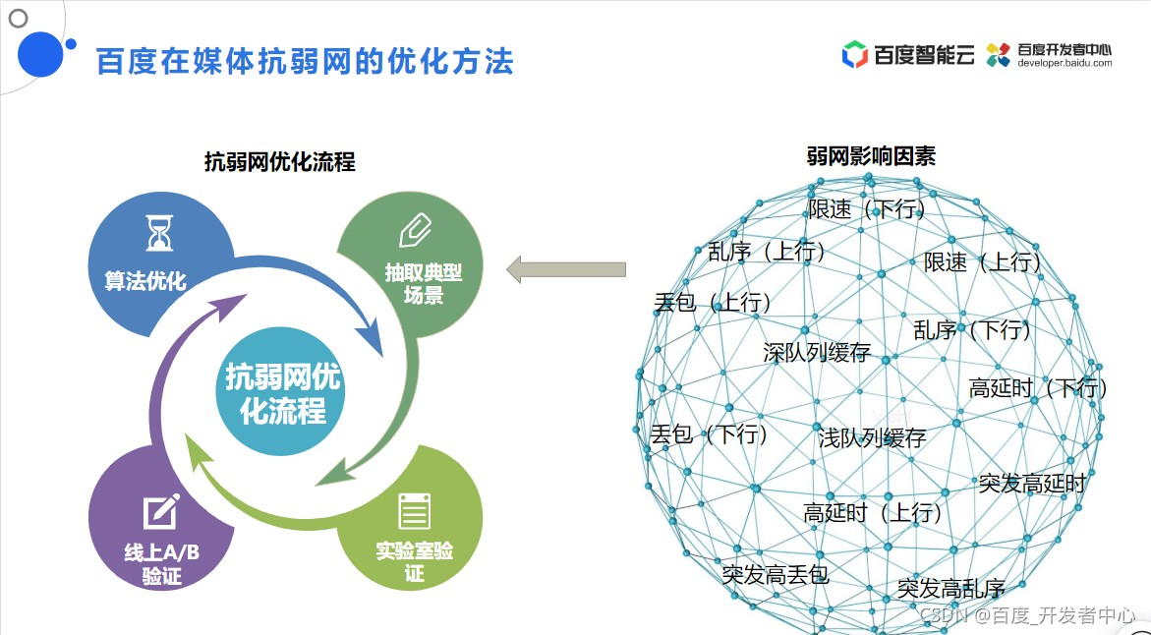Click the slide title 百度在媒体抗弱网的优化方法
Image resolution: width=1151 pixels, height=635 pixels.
click(305, 61)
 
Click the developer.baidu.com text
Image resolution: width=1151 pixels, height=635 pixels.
click(1065, 62)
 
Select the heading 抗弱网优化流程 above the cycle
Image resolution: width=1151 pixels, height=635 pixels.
click(280, 162)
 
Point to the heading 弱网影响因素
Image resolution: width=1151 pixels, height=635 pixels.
click(872, 155)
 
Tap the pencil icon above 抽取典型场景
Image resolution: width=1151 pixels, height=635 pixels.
click(415, 231)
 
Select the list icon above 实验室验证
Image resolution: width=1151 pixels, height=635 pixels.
click(414, 511)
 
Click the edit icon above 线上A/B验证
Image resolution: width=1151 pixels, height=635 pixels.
click(160, 512)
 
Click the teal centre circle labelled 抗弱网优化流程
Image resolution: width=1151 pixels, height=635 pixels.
click(283, 392)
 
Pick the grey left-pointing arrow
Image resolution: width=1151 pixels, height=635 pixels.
click(566, 269)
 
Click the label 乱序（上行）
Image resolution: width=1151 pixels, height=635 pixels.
click(768, 252)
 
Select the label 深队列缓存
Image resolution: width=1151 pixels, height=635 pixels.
click(817, 352)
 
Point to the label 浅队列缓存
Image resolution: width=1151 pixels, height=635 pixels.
click(872, 437)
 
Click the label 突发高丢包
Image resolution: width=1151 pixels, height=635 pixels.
click(776, 574)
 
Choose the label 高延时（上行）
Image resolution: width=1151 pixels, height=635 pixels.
click(873, 512)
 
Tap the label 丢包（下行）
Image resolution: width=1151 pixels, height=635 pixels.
click(709, 433)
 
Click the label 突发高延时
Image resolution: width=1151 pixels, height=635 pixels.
click(1032, 483)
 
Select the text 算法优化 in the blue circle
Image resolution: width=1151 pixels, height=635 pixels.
click(145, 280)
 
